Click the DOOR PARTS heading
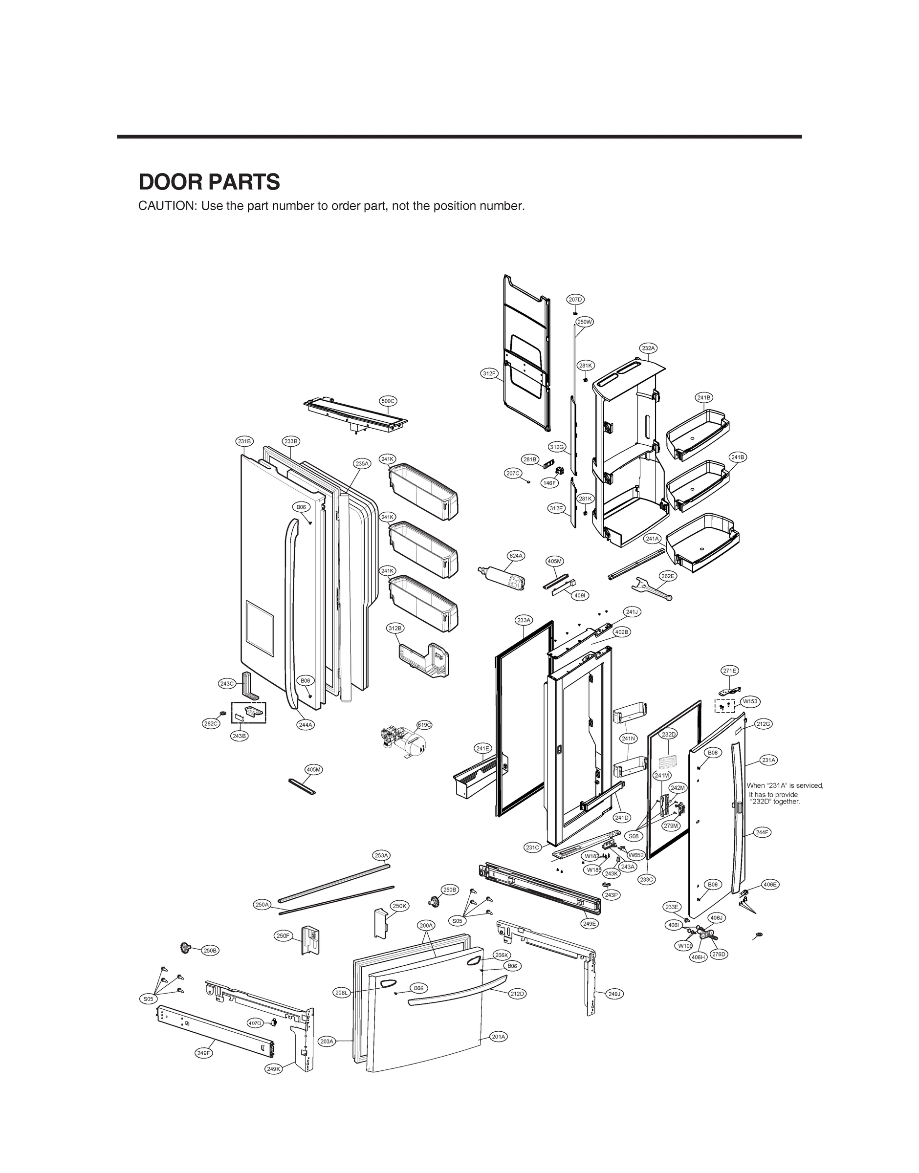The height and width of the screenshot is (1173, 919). (x=209, y=182)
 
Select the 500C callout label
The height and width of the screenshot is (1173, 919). (x=389, y=401)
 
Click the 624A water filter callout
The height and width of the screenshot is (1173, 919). (x=516, y=556)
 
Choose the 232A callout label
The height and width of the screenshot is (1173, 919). (x=648, y=348)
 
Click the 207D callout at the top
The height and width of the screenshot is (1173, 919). (x=575, y=299)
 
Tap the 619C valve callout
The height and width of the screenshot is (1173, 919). (x=424, y=725)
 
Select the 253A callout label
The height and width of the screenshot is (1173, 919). (x=381, y=855)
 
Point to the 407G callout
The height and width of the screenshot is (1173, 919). (x=255, y=1022)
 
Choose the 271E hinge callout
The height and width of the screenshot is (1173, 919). (x=730, y=671)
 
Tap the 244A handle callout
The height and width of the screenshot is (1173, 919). (x=306, y=724)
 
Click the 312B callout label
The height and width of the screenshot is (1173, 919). (x=395, y=628)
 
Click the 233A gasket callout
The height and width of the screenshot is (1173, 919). (x=524, y=620)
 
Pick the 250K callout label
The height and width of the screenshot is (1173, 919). (x=400, y=906)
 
